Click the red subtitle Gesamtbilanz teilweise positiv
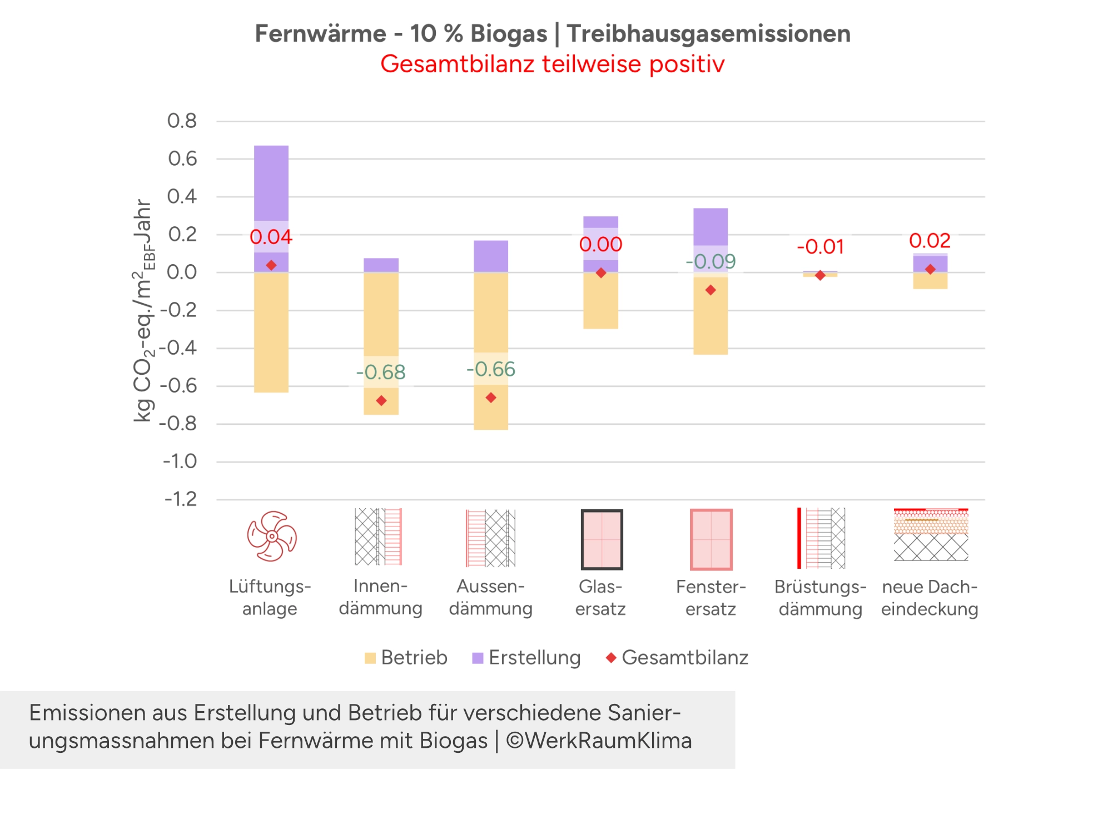coord(552,64)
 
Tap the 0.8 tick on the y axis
coord(182,121)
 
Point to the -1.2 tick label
coord(180,499)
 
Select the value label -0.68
coord(381,372)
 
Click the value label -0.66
coord(491,369)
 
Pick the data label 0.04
coord(271,237)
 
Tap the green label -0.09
coord(711,261)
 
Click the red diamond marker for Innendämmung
coord(381,400)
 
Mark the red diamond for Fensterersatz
coord(711,290)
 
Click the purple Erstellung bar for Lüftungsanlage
coord(271,183)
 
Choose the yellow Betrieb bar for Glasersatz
coord(600,303)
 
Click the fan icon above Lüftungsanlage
coord(271,537)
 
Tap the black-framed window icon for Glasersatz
coord(602,539)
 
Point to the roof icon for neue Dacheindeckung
coord(931,534)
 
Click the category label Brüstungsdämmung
coord(820,598)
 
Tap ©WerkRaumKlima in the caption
coord(599,741)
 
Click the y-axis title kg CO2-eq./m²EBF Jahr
coord(143,311)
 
